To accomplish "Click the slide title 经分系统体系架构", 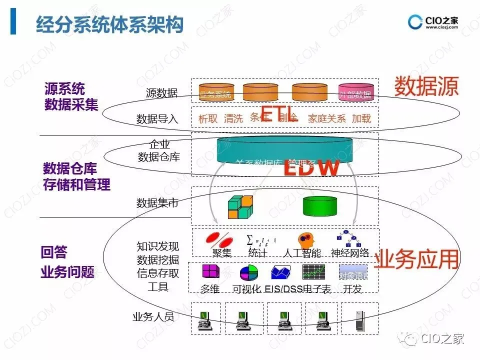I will tap(109, 24).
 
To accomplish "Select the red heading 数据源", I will tap(426, 86).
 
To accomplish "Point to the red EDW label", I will tap(311, 168).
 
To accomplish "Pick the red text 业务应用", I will tap(416, 259).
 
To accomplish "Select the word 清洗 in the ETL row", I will tap(233, 118).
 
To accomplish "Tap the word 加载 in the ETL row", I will tap(361, 118).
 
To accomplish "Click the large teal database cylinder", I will tap(284, 150).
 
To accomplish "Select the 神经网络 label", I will tap(350, 253).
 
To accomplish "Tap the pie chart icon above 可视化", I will tap(248, 272).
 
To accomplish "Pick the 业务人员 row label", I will tap(153, 317).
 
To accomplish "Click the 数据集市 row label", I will tap(157, 202).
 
